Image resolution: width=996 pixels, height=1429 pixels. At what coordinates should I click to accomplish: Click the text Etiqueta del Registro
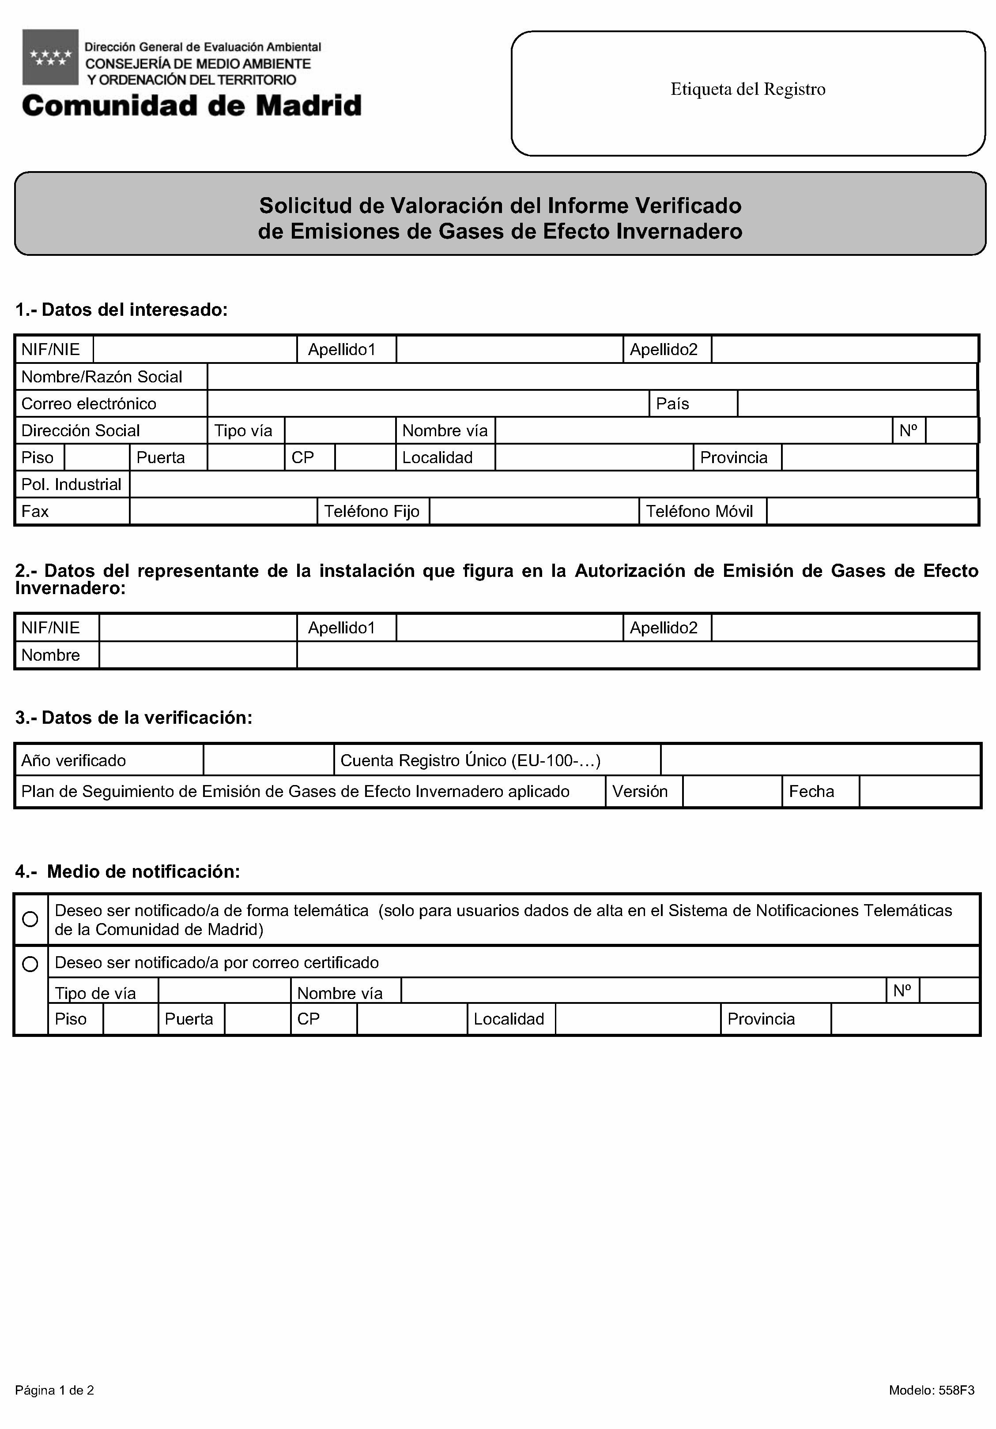click(747, 90)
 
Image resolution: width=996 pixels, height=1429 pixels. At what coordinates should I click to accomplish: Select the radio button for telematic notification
click(30, 919)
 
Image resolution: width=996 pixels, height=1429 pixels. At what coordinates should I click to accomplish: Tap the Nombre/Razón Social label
click(102, 377)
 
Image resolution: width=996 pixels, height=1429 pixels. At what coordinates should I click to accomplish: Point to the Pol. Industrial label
click(71, 485)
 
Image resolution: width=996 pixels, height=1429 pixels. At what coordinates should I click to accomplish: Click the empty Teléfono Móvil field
click(871, 512)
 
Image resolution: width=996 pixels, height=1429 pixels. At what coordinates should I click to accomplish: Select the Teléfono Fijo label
click(372, 512)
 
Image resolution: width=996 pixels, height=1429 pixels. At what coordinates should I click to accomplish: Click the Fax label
click(35, 512)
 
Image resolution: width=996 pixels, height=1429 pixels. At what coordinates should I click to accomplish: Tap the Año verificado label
click(73, 760)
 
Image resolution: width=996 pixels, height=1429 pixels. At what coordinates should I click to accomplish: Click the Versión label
click(640, 792)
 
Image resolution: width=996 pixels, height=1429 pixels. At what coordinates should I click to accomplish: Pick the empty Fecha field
click(919, 792)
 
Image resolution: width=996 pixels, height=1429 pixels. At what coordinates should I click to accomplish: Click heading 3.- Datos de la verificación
click(134, 718)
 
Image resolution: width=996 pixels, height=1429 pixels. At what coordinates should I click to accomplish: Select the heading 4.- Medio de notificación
click(128, 872)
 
